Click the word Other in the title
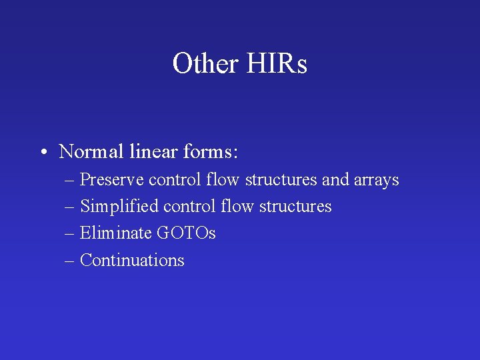point(205,64)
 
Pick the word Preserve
point(112,180)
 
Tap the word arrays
point(376,180)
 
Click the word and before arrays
point(335,180)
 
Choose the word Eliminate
point(115,233)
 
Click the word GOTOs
point(185,233)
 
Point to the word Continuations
point(132,260)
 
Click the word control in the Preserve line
point(175,180)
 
